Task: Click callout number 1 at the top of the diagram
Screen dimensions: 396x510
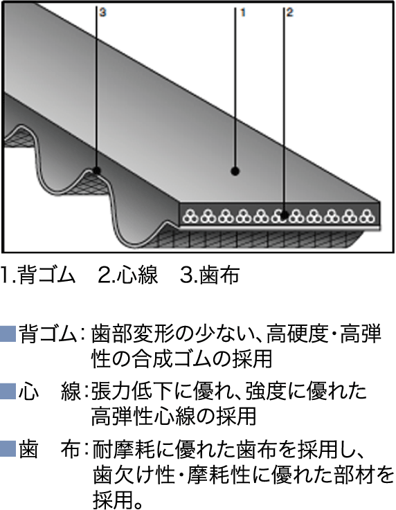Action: pos(242,12)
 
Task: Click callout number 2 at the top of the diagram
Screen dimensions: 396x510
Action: pos(289,12)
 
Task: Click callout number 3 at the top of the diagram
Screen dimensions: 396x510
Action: pos(102,12)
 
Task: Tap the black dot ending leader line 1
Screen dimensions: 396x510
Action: pos(235,171)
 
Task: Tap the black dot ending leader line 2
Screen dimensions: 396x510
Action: pos(285,215)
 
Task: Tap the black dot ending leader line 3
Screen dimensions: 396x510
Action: pos(96,170)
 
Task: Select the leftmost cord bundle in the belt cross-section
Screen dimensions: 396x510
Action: pos(190,216)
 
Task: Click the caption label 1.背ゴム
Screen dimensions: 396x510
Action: pos(38,275)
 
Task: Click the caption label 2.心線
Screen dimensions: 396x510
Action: pos(128,275)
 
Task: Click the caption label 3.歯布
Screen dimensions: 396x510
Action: pos(210,275)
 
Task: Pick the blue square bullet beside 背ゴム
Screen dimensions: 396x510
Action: pos(8,334)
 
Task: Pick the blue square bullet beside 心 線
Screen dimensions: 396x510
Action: pos(8,391)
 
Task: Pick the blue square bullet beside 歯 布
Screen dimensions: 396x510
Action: pos(8,449)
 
